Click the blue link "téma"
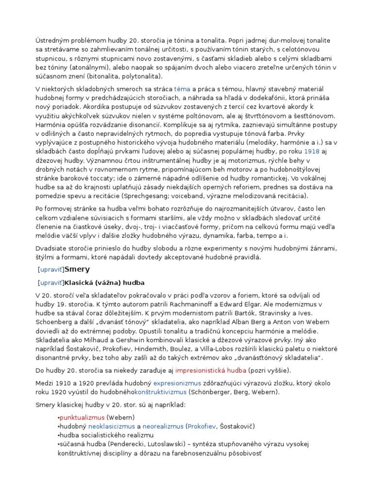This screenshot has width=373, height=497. pyautogui.click(x=182, y=89)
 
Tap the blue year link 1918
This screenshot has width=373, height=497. pyautogui.click(x=312, y=151)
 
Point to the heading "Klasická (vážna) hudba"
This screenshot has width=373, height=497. pyautogui.click(x=104, y=282)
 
